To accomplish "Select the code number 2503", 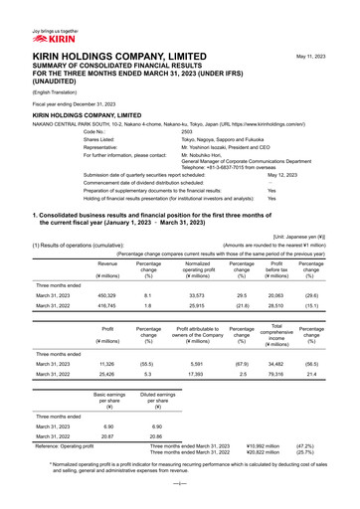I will point(187,131).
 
